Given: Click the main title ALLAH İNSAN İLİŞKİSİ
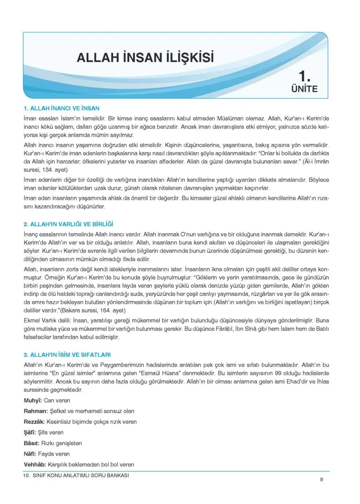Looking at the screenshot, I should pos(145,58).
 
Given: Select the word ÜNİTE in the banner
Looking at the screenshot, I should pos(304,89).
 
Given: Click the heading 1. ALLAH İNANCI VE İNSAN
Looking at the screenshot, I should pos(61,108).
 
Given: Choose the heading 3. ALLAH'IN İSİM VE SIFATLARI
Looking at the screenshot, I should pos(67,355).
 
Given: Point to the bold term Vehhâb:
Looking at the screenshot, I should pos(34,464).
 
